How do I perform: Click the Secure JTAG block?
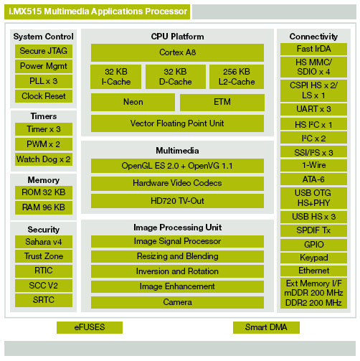(44, 51)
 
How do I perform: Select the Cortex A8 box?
(177, 52)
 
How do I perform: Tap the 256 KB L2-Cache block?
(237, 77)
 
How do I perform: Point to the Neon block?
(133, 102)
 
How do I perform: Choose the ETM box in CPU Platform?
(222, 102)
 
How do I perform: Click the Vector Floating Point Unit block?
(177, 123)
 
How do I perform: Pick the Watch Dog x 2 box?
(44, 159)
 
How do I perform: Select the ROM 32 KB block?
(44, 192)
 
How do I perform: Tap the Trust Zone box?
(44, 256)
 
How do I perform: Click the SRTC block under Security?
(44, 300)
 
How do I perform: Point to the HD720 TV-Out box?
(177, 201)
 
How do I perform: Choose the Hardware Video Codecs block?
(177, 184)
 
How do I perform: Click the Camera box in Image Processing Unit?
(177, 302)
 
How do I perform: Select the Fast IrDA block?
(313, 49)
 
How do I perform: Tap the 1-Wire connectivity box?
(313, 165)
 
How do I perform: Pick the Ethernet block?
(313, 271)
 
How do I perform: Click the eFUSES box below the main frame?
(90, 327)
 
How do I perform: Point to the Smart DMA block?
(266, 327)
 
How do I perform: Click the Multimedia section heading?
(177, 151)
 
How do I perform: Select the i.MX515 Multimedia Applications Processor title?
(98, 11)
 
